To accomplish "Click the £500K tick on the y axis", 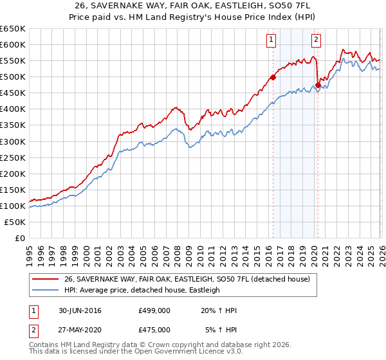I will (13, 77).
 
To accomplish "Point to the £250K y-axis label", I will (13, 157).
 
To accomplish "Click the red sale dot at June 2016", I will (273, 77).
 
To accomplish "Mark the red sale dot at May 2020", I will (318, 85).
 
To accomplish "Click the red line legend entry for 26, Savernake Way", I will (187, 280).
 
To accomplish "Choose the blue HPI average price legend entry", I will (142, 290).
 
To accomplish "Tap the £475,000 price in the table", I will (154, 330).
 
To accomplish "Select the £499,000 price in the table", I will (154, 311).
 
